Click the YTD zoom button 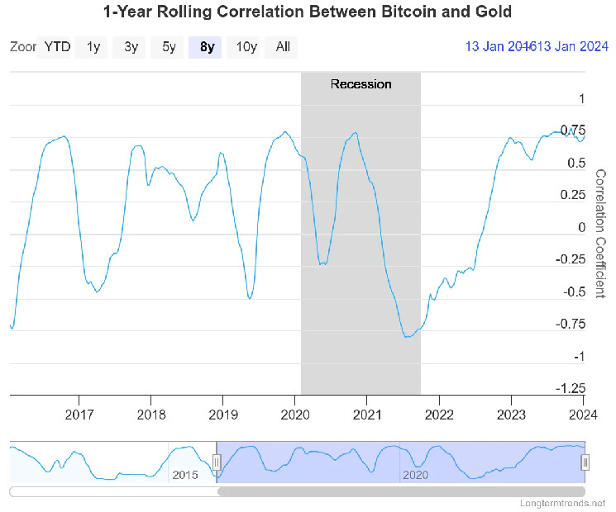click(x=57, y=47)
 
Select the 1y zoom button click(x=93, y=47)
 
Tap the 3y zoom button click(x=131, y=47)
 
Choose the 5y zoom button click(x=169, y=47)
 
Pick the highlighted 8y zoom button click(x=207, y=47)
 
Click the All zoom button click(x=283, y=47)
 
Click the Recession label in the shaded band click(x=361, y=84)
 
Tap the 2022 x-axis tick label click(x=439, y=413)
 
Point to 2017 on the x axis click(x=79, y=413)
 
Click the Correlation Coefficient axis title click(x=601, y=234)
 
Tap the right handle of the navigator click(x=585, y=462)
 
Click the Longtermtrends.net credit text click(x=562, y=503)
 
